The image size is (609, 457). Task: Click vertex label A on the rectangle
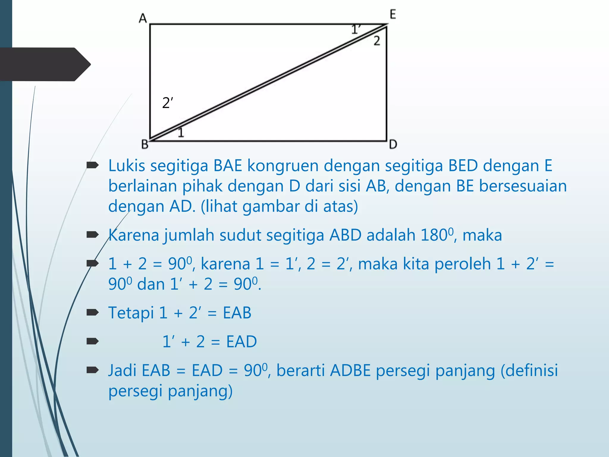coord(143,18)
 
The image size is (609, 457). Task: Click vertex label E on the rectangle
coord(393,14)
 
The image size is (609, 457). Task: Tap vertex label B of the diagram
coord(145,144)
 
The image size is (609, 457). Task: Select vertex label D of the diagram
coord(393,145)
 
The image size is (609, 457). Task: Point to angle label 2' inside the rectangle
coord(167,103)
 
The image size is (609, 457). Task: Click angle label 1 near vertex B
coord(181,132)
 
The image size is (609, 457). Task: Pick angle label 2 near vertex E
coord(377,41)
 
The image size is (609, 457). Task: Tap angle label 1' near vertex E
coord(356,29)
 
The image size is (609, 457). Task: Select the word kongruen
coord(283,166)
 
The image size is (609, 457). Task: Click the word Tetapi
coord(131,313)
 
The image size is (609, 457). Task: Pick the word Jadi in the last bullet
coord(123,370)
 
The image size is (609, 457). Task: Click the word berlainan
coord(142,186)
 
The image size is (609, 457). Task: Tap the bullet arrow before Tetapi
coord(92,312)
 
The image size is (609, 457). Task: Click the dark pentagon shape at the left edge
coord(45,64)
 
